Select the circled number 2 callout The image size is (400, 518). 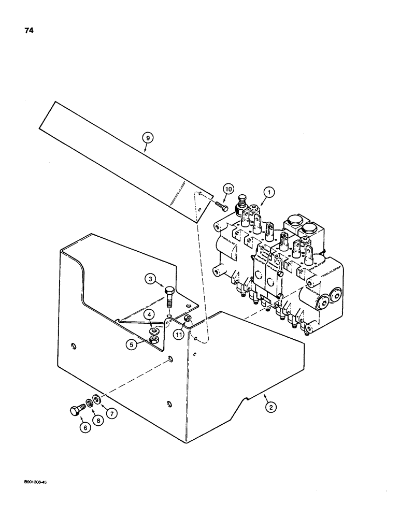point(269,407)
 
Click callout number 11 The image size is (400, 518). point(179,335)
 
